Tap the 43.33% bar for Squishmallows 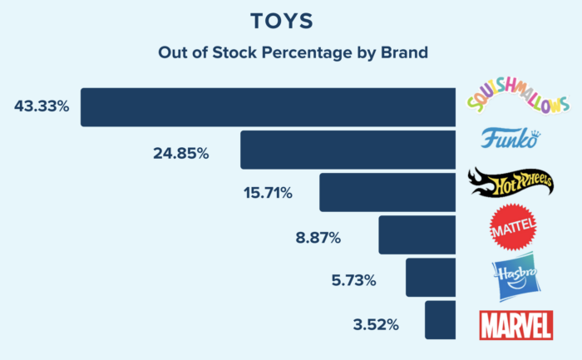pyautogui.click(x=268, y=106)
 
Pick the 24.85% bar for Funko pyautogui.click(x=348, y=150)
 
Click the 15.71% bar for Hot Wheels pyautogui.click(x=387, y=192)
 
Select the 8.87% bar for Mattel pyautogui.click(x=417, y=234)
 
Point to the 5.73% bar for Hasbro pyautogui.click(x=430, y=277)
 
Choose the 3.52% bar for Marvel pyautogui.click(x=440, y=319)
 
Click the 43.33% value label pyautogui.click(x=41, y=107)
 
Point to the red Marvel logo pyautogui.click(x=515, y=323)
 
